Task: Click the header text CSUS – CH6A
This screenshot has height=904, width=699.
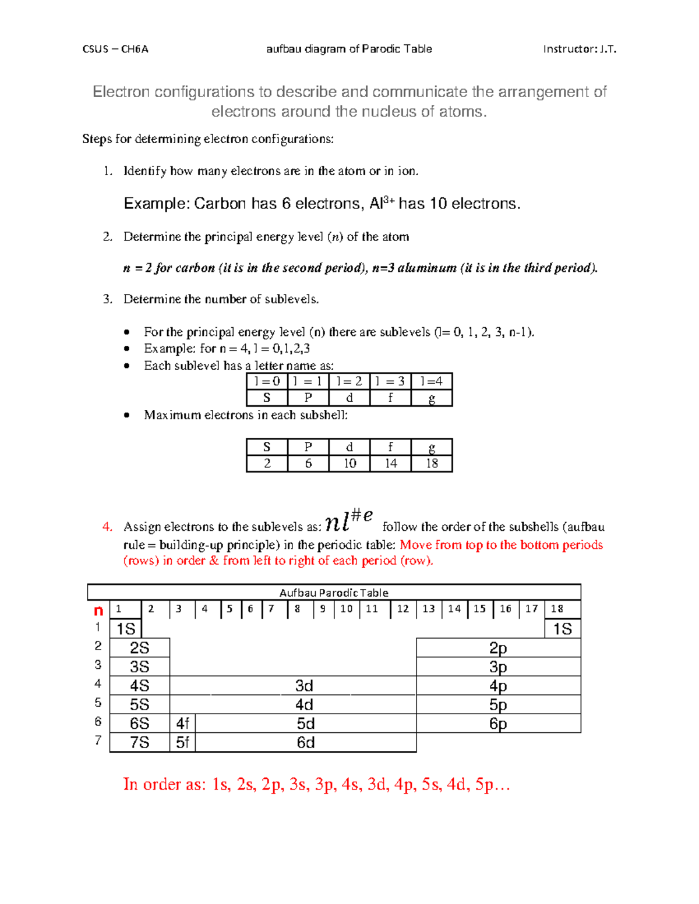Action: [x=115, y=49]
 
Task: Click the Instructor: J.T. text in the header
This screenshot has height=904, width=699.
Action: [x=579, y=49]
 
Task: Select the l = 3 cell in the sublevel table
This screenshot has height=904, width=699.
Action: [x=390, y=381]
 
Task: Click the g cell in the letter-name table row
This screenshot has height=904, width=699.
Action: [x=432, y=398]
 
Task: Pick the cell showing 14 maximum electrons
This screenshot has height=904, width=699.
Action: [x=390, y=463]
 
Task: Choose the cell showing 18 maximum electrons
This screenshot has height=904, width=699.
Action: [x=432, y=463]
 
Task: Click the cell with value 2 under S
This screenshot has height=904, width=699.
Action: [x=267, y=463]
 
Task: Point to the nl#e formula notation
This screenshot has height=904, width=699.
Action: [x=348, y=520]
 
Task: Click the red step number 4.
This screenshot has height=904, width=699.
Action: [x=107, y=527]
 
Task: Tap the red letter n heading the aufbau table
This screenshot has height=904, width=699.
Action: [x=98, y=610]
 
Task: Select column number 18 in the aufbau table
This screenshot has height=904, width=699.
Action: [x=557, y=609]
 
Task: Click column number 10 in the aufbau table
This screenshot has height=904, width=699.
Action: [x=346, y=609]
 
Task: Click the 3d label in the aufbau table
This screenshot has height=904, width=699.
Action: [x=304, y=686]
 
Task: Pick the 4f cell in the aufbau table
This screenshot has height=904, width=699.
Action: [x=182, y=724]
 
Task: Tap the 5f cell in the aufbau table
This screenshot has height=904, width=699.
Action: [x=182, y=742]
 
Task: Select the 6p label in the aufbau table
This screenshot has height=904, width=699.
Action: [x=498, y=724]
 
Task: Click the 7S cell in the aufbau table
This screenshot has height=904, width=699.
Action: [x=139, y=742]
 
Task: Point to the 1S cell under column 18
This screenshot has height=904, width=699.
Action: [x=562, y=629]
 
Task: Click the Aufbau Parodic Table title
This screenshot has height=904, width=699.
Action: [x=334, y=593]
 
